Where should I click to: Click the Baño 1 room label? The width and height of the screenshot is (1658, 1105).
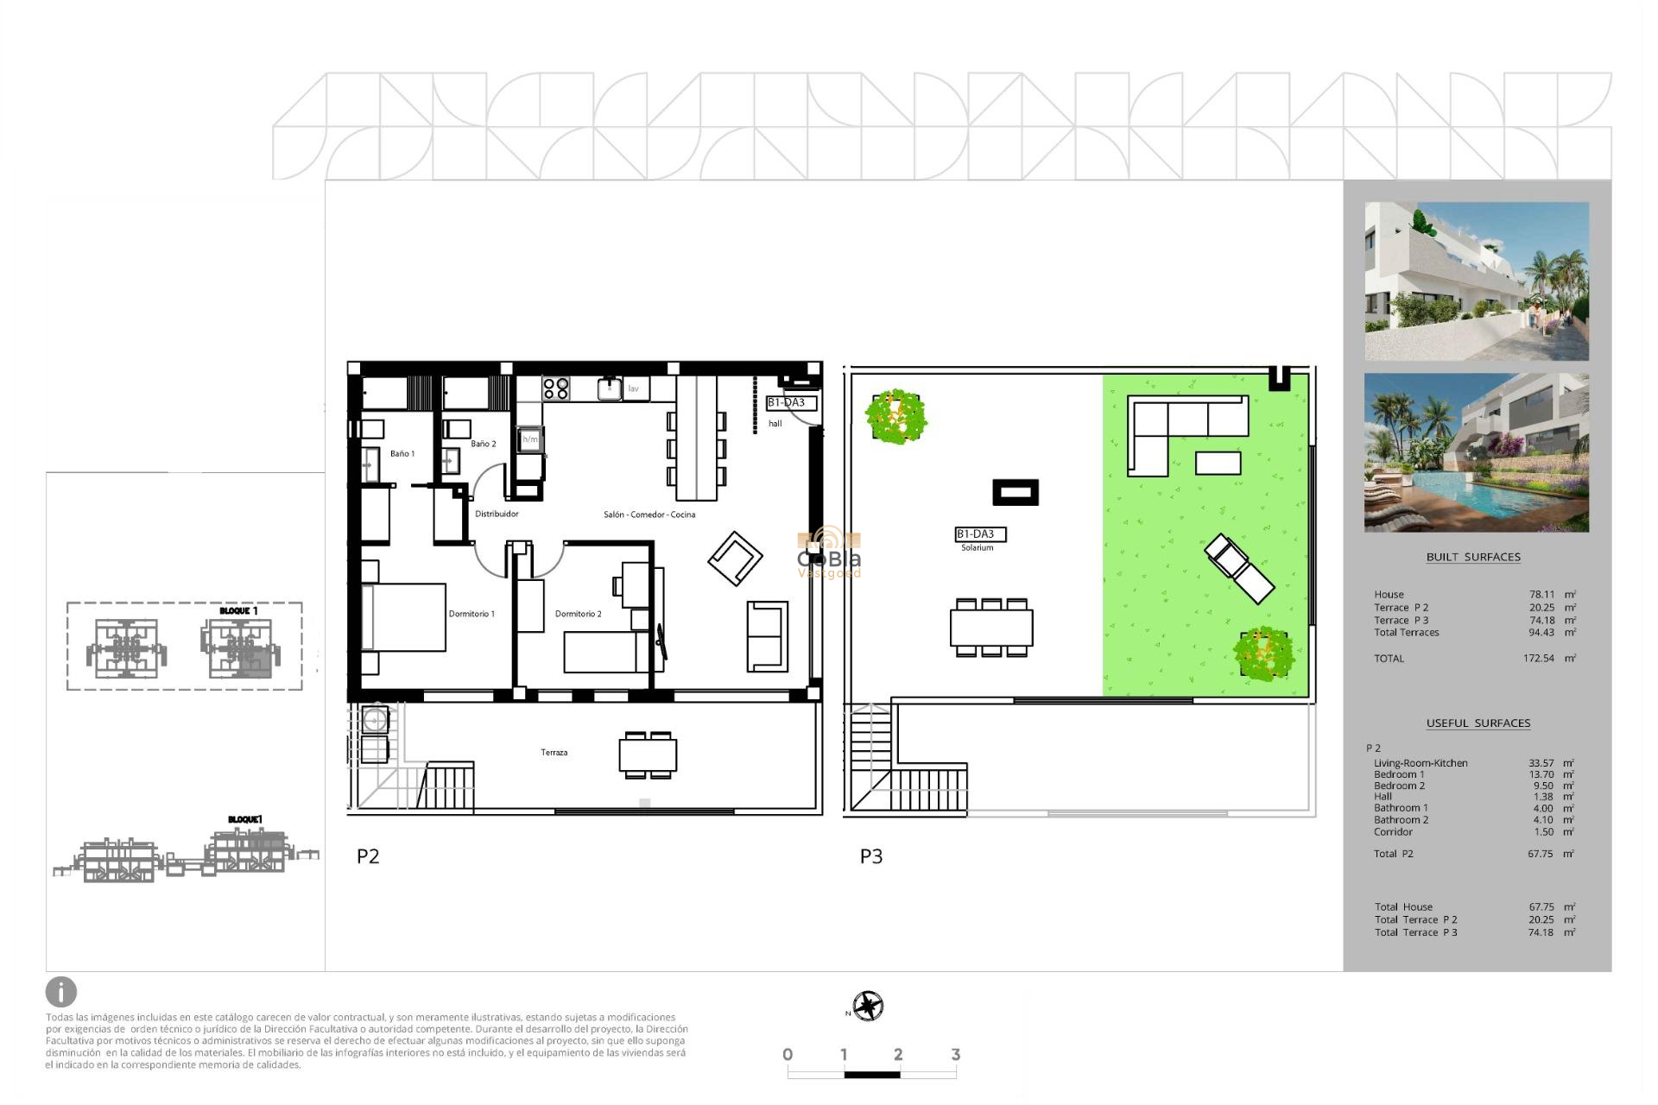[x=402, y=453]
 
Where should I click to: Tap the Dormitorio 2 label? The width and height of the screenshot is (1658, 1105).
[x=578, y=614]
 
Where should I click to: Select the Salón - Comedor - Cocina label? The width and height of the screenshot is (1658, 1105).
[x=649, y=515]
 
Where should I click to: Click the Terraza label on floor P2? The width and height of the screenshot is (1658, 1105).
[x=554, y=753]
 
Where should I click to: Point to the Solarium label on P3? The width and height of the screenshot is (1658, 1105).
[x=977, y=547]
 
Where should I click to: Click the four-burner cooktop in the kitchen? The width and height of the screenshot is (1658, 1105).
[x=555, y=388]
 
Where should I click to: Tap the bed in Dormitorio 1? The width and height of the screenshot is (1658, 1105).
[x=403, y=617]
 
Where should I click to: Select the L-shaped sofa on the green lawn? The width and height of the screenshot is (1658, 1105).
[x=1185, y=432]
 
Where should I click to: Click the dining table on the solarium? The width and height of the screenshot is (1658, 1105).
[x=991, y=628]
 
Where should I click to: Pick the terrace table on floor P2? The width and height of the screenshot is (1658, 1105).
[x=648, y=755]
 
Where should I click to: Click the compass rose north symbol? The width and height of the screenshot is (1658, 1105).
[x=868, y=1007]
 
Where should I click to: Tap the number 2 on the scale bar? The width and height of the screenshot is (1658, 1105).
[x=898, y=1054]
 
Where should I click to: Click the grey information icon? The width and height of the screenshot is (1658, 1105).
[x=61, y=992]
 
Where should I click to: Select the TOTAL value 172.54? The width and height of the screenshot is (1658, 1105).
[x=1538, y=659]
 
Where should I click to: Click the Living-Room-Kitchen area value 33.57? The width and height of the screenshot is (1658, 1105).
[x=1541, y=763]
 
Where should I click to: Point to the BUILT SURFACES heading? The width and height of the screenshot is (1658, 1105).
[x=1473, y=558]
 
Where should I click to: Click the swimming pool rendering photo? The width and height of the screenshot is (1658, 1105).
[x=1476, y=453]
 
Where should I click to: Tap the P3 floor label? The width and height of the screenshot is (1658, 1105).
[x=870, y=856]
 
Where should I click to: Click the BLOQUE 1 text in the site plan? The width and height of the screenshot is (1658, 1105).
[x=238, y=611]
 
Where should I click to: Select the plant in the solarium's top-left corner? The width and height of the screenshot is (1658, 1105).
[x=896, y=416]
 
